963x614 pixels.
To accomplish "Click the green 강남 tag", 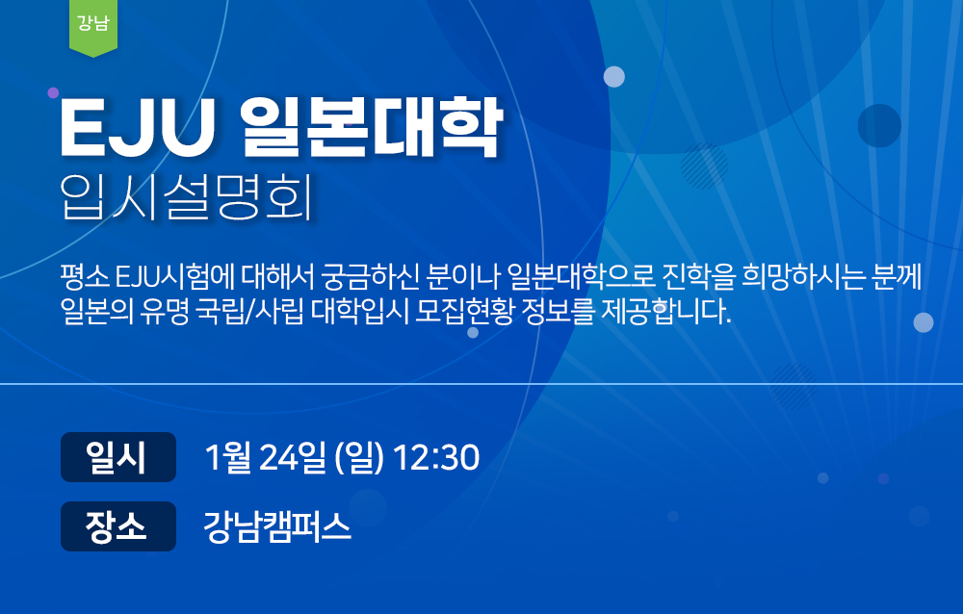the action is [93, 27].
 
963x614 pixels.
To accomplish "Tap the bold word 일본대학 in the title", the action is [372, 128].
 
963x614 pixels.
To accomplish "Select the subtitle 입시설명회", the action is [187, 196].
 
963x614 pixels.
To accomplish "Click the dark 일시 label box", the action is [118, 457].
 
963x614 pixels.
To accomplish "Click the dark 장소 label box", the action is [118, 526].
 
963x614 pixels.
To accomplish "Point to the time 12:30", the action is [436, 457].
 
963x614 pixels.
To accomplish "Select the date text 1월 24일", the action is [265, 457].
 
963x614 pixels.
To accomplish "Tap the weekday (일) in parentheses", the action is [359, 458].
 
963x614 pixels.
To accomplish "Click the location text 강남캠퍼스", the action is [277, 526].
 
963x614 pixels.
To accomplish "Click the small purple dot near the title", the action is [53, 92].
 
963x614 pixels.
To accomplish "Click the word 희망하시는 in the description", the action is [803, 277].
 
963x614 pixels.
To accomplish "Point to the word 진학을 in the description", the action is [699, 277].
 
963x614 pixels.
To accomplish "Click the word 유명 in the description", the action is [165, 311].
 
